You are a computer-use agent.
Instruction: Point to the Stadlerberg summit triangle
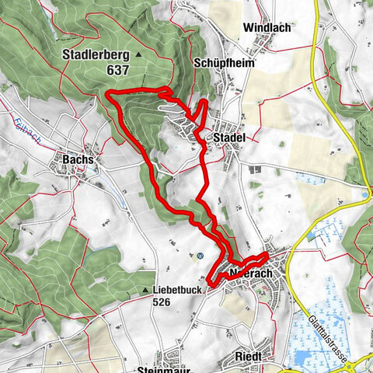pyautogui.click(x=138, y=56)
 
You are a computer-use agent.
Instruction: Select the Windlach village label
pyautogui.click(x=267, y=27)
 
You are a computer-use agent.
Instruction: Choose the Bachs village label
pyautogui.click(x=75, y=159)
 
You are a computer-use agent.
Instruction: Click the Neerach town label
pyautogui.click(x=246, y=273)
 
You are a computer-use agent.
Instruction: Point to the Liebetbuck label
pyautogui.click(x=178, y=291)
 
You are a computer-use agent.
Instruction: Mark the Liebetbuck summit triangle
pyautogui.click(x=146, y=291)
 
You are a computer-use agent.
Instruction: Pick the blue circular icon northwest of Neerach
pyautogui.click(x=200, y=255)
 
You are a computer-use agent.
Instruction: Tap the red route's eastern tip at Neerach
pyautogui.click(x=267, y=254)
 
